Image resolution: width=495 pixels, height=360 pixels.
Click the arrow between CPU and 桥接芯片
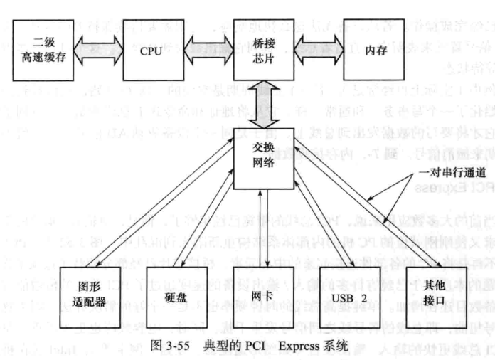pyautogui.click(x=206, y=51)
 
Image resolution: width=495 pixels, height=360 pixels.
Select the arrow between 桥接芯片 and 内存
pyautogui.click(x=317, y=51)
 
